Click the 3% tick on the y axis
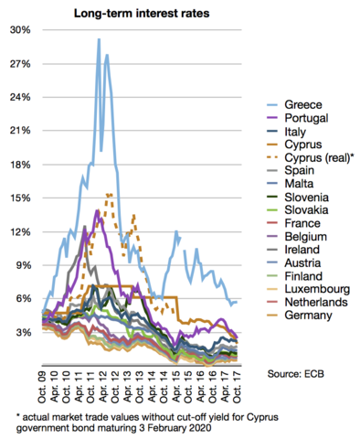coord(23,332)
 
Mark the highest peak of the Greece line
coord(98,39)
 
